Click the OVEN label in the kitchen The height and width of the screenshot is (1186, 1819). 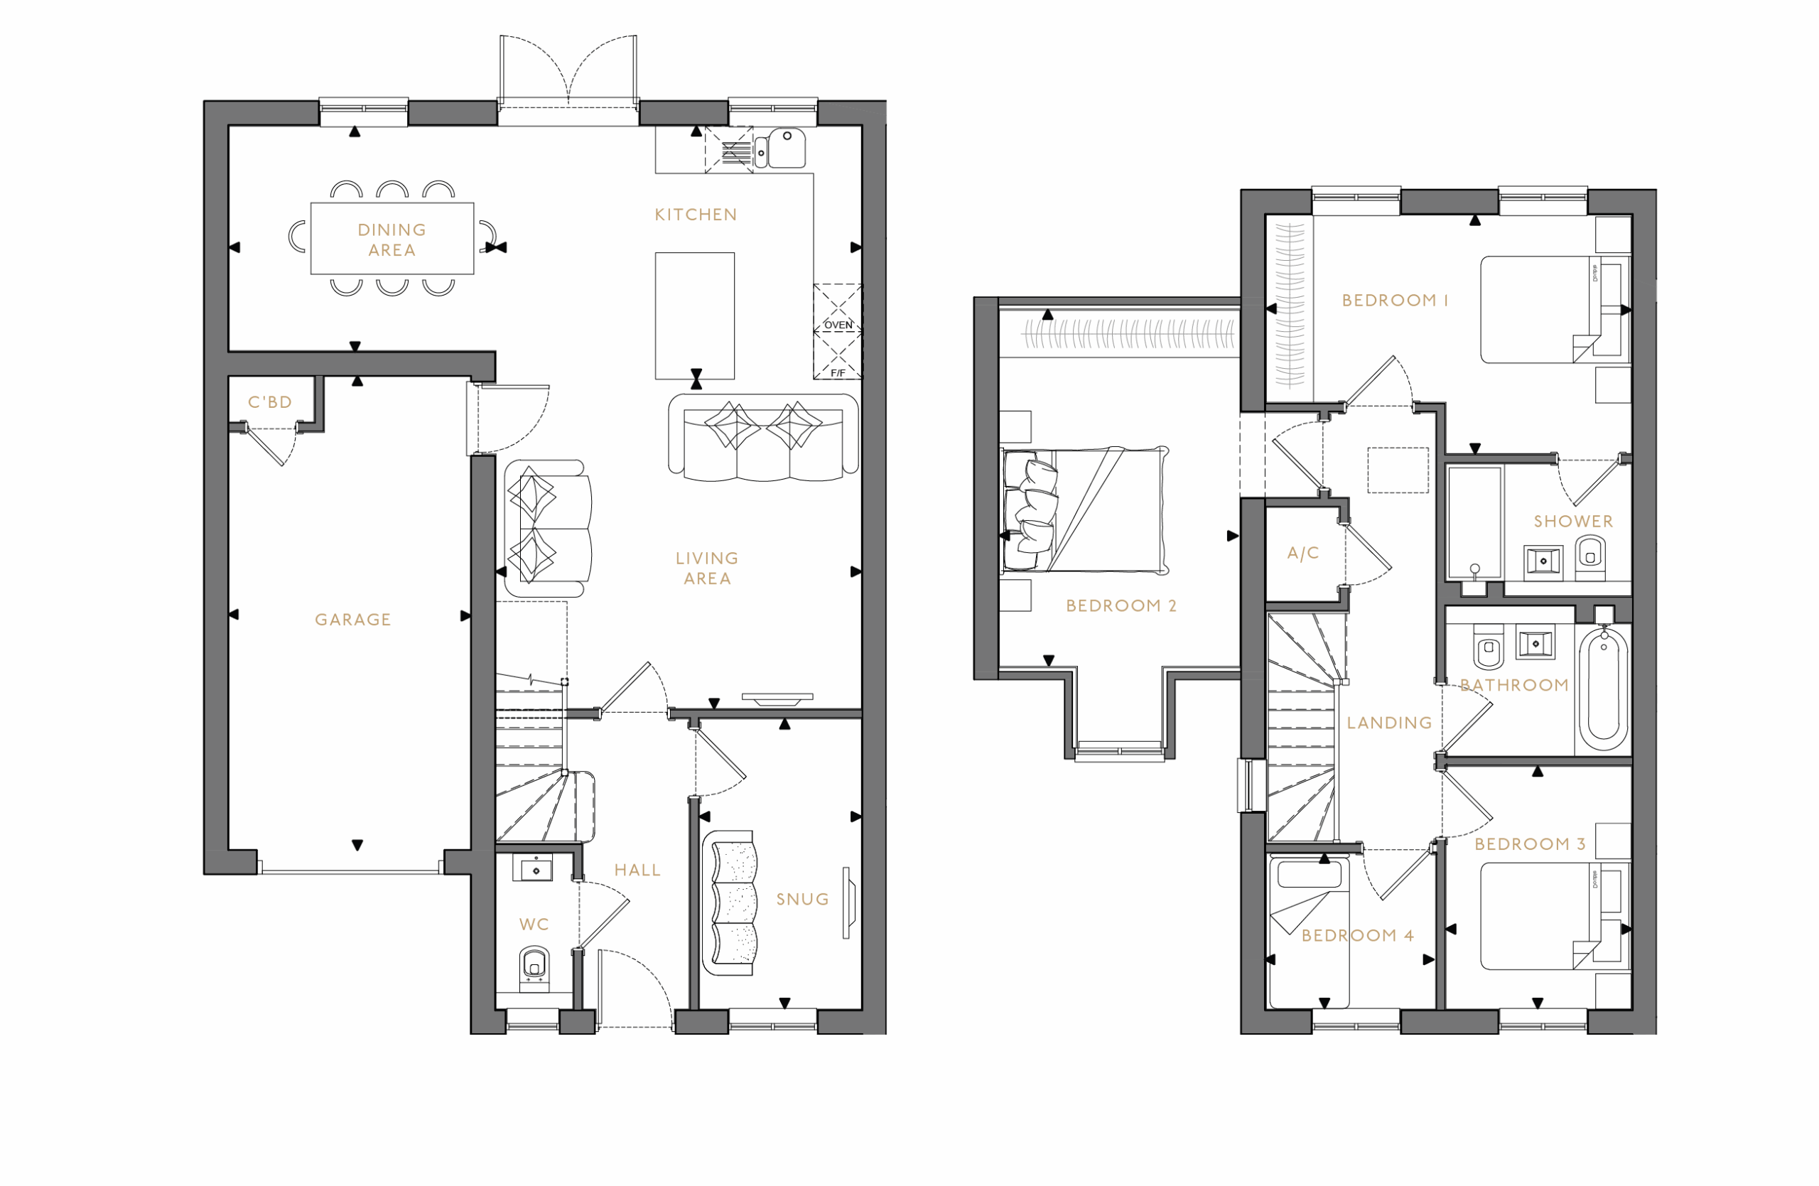tap(838, 325)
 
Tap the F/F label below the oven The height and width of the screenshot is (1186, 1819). tap(838, 373)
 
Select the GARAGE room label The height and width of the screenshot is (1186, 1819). tap(352, 620)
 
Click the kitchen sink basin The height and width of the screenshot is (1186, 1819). tap(786, 148)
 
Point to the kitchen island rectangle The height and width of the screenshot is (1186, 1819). tap(694, 315)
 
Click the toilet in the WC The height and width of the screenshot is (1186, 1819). tap(534, 969)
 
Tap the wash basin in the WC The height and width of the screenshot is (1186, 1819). tap(536, 870)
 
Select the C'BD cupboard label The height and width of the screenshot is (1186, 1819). tap(270, 402)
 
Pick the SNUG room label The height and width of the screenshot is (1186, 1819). tap(802, 900)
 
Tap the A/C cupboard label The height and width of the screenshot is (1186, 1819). tap(1303, 554)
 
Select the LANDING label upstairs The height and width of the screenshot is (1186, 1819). tap(1388, 723)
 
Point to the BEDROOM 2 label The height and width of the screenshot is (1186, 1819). tap(1121, 606)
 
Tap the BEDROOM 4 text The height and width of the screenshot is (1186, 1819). tap(1357, 935)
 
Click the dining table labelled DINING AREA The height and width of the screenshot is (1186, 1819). tap(392, 239)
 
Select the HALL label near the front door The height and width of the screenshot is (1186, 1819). tap(637, 870)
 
